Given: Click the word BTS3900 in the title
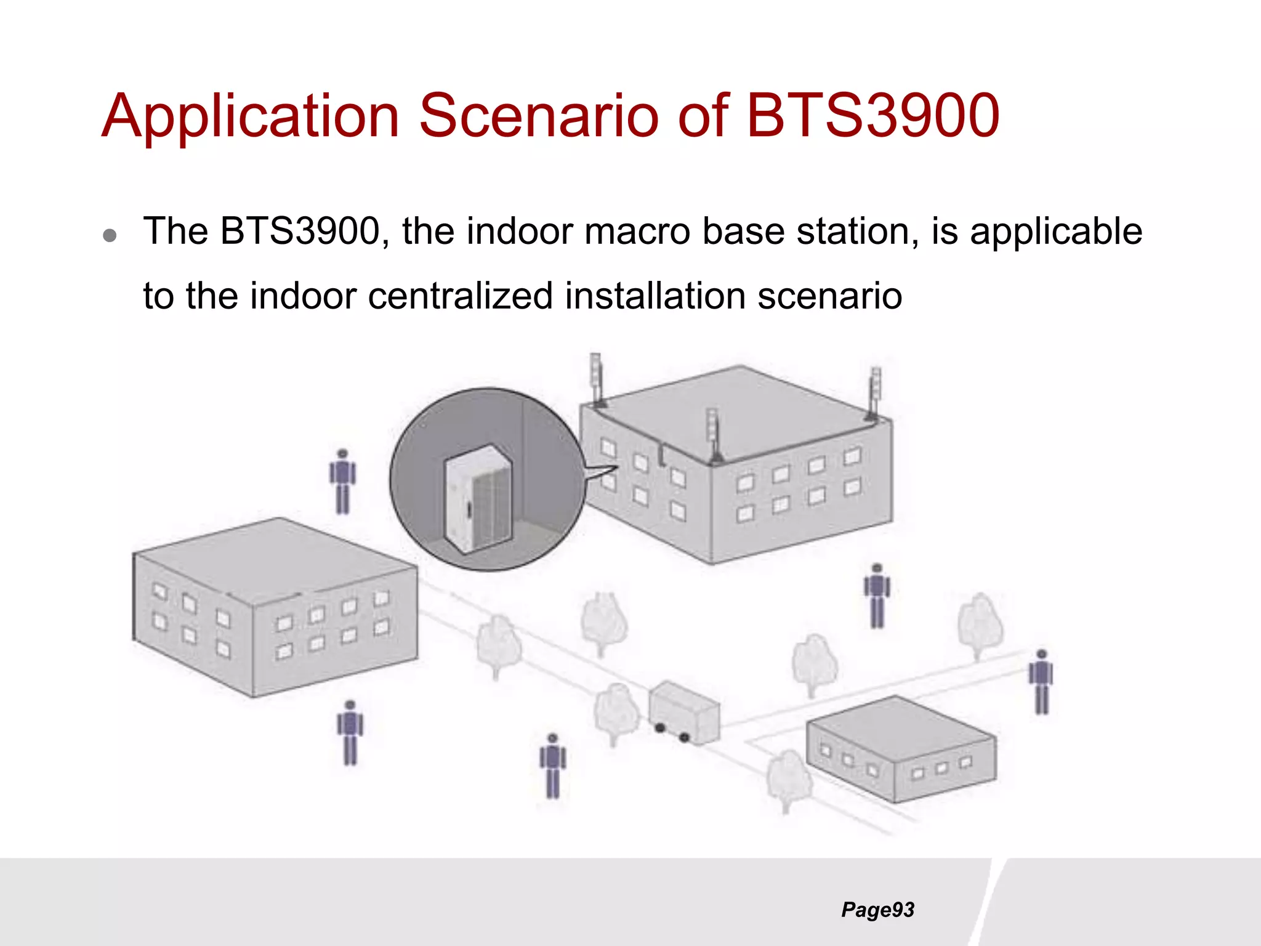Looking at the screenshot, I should [x=872, y=116].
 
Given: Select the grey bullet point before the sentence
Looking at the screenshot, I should [x=110, y=235].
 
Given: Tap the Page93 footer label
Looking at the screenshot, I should [x=877, y=910].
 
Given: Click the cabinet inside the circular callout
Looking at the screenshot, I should [x=478, y=499].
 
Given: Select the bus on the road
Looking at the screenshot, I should [x=683, y=712].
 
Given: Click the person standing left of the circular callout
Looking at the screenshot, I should [x=342, y=482].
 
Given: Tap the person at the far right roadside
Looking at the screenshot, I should [x=1041, y=682].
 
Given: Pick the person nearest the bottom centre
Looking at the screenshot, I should [x=552, y=766].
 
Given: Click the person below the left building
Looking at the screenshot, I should [x=350, y=733].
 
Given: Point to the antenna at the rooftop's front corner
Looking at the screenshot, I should [x=713, y=435].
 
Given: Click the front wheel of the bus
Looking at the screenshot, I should [x=684, y=737].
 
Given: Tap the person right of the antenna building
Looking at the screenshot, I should [x=877, y=596].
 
